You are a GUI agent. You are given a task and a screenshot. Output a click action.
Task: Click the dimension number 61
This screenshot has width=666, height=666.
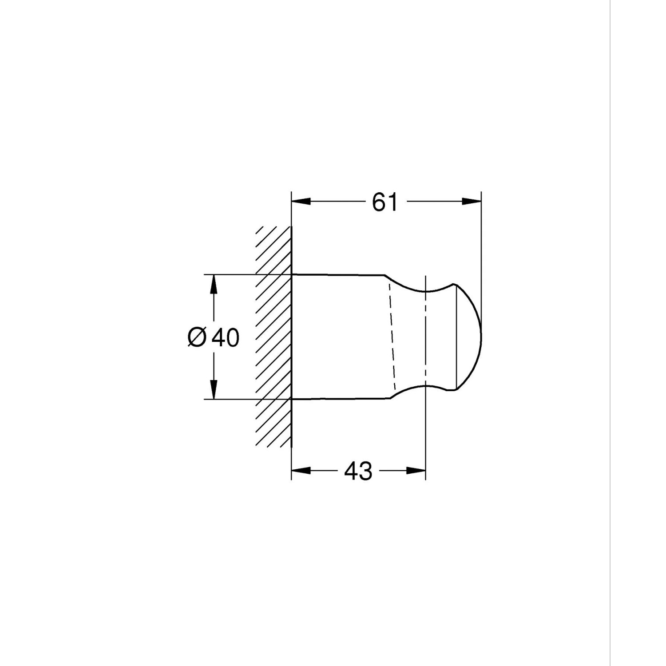click(385, 202)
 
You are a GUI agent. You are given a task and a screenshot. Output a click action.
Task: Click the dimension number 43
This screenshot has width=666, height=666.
click(358, 471)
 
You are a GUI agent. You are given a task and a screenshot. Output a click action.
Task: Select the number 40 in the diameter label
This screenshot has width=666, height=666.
click(226, 337)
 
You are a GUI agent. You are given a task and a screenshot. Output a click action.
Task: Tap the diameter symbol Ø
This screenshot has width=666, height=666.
click(197, 337)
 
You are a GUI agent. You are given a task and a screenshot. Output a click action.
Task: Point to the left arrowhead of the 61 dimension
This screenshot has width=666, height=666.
click(301, 201)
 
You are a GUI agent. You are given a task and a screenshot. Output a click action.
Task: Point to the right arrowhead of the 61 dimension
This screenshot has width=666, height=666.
click(472, 201)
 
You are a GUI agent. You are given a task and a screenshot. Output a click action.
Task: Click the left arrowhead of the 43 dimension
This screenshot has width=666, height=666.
click(301, 470)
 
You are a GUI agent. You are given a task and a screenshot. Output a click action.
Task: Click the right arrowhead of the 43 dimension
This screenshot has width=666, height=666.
click(416, 470)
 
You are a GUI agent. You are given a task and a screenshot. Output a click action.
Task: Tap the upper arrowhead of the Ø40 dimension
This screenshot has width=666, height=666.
click(214, 284)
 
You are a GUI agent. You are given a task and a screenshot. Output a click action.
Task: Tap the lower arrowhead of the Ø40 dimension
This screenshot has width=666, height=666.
click(214, 390)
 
